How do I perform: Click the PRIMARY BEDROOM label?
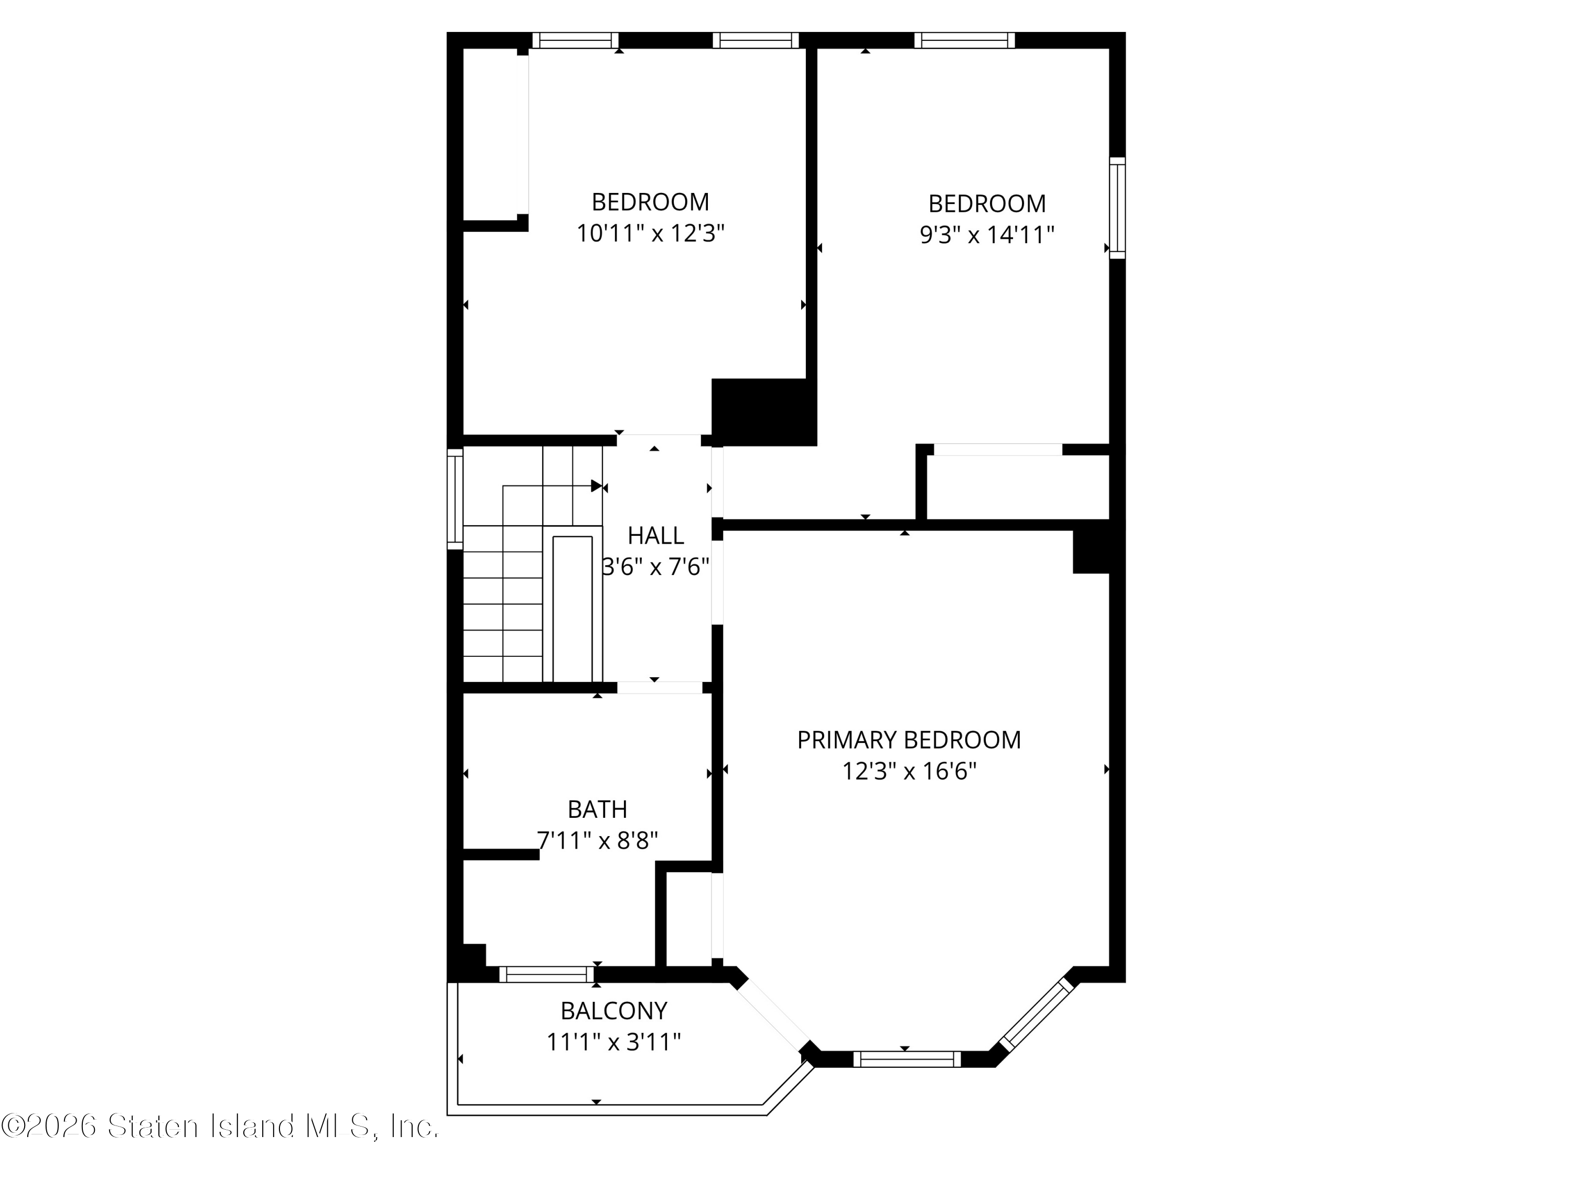point(909,740)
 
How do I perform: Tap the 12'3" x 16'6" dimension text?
point(910,772)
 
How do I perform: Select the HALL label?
point(655,535)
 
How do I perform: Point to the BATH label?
point(597,809)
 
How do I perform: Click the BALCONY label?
point(613,1011)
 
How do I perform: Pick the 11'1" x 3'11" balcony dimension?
point(613,1043)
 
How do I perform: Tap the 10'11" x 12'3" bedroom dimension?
point(650,233)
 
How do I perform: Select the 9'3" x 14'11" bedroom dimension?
point(987,235)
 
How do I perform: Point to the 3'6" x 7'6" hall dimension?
point(655,567)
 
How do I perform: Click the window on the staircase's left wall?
point(455,499)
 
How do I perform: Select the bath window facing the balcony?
point(547,974)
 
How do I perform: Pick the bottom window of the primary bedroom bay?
point(907,1059)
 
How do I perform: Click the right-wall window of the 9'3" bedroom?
point(1117,208)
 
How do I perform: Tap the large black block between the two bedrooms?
point(764,413)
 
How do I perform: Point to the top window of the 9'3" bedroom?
point(964,40)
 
